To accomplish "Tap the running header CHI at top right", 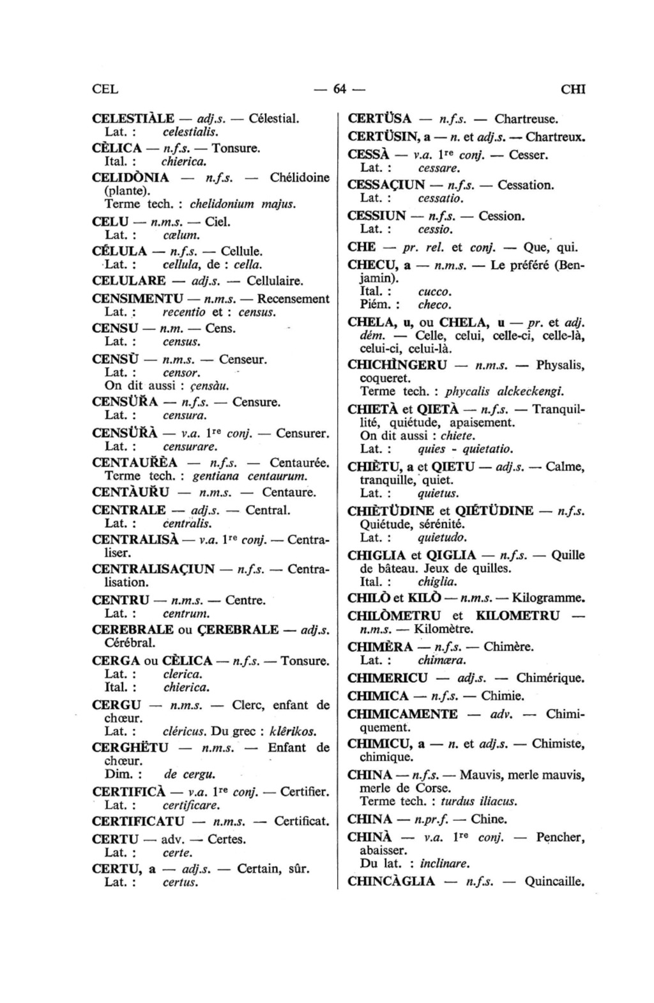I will click(x=573, y=89).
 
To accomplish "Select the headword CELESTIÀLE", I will click(x=133, y=119).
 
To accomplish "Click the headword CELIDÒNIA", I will click(x=130, y=178).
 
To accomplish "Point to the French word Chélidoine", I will click(x=300, y=178).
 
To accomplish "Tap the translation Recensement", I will click(x=293, y=299).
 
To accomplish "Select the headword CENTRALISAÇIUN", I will click(x=153, y=569).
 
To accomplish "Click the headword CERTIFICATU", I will click(x=138, y=822).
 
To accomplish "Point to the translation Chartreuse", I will click(x=526, y=119).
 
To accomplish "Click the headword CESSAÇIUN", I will click(x=386, y=185).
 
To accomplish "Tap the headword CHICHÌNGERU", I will click(x=397, y=366).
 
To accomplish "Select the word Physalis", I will click(x=560, y=366).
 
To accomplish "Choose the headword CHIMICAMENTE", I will click(x=402, y=714).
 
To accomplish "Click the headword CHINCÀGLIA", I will click(x=391, y=882).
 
